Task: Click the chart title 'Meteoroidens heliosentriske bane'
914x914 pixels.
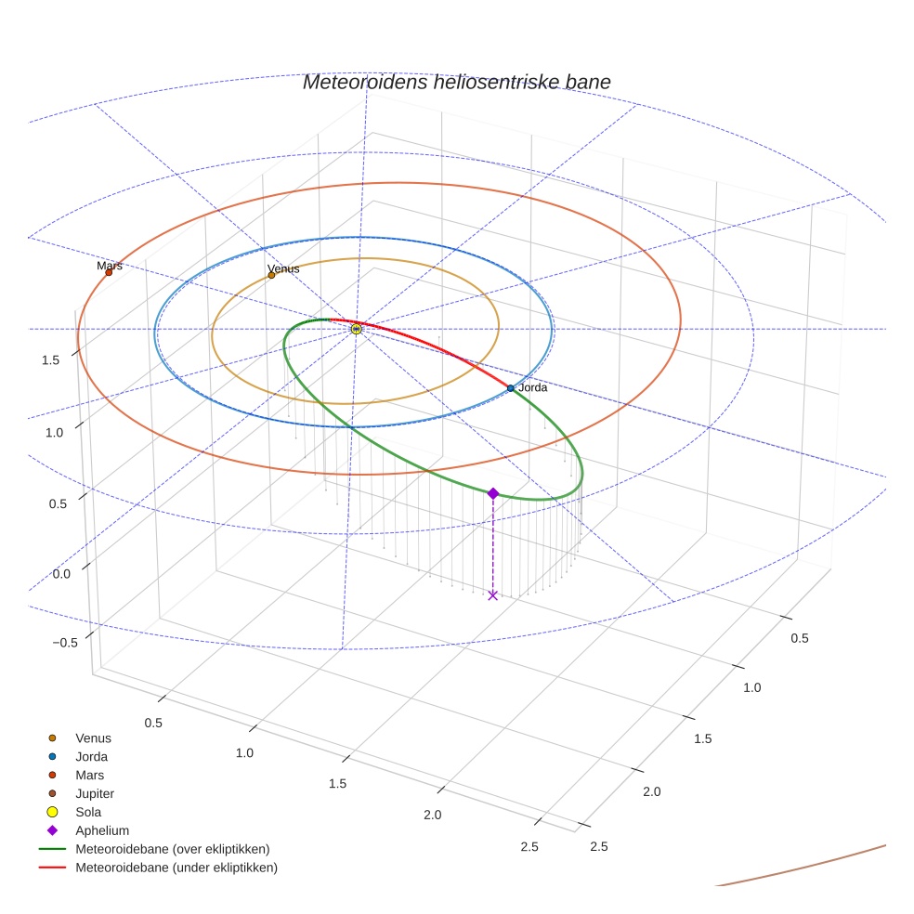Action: click(x=456, y=82)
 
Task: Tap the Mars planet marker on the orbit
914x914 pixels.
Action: click(x=109, y=272)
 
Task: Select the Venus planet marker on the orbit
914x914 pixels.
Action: click(x=271, y=275)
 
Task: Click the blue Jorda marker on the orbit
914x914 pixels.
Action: click(x=511, y=387)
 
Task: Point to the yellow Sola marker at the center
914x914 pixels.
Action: click(x=357, y=329)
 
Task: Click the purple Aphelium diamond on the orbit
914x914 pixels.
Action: click(x=493, y=493)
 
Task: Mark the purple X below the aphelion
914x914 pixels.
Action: click(x=493, y=595)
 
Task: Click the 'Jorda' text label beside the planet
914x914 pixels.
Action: click(x=532, y=387)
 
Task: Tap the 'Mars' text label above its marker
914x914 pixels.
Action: click(x=110, y=266)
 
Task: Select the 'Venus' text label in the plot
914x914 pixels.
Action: click(x=283, y=268)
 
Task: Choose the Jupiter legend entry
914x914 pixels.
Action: click(x=94, y=793)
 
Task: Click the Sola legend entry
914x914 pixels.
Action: click(x=88, y=812)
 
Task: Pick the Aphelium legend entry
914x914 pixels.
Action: click(x=101, y=830)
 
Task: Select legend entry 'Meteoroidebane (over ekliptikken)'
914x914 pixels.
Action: click(x=172, y=849)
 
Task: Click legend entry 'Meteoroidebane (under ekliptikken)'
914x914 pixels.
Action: click(x=176, y=868)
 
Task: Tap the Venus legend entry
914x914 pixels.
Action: click(x=93, y=738)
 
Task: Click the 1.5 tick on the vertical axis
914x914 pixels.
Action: click(x=52, y=359)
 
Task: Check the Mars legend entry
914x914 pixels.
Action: click(x=89, y=775)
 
